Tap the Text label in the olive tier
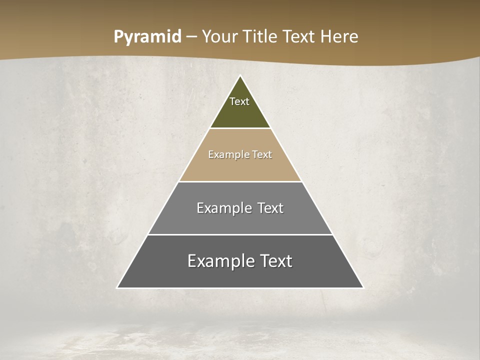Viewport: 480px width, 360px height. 239,101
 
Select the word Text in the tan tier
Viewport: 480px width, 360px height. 262,154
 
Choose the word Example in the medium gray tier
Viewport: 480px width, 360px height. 222,208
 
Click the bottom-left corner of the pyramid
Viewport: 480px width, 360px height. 117,287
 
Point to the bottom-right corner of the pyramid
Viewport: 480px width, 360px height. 363,287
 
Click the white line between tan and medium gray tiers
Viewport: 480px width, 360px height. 240,181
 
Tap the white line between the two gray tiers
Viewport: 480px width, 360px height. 240,234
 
